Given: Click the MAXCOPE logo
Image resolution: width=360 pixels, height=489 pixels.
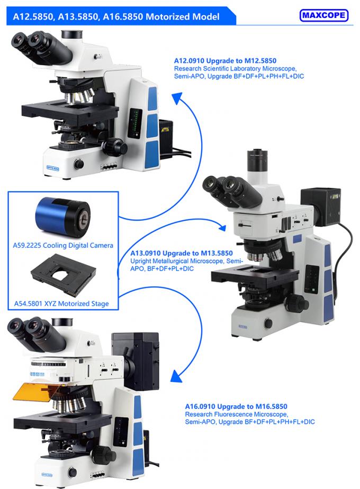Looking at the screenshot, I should pyautogui.click(x=323, y=15).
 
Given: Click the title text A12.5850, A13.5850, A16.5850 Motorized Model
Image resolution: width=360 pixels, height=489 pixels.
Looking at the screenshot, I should pyautogui.click(x=113, y=16).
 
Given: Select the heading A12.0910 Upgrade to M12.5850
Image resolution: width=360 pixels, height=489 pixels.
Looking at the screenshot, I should pyautogui.click(x=225, y=61).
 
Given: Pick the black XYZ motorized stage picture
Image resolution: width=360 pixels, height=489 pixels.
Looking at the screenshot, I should pyautogui.click(x=62, y=275).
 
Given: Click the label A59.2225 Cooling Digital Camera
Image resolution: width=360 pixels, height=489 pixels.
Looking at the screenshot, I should pyautogui.click(x=62, y=246).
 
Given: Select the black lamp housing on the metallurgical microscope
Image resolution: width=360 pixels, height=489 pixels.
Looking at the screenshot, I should pyautogui.click(x=316, y=204).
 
